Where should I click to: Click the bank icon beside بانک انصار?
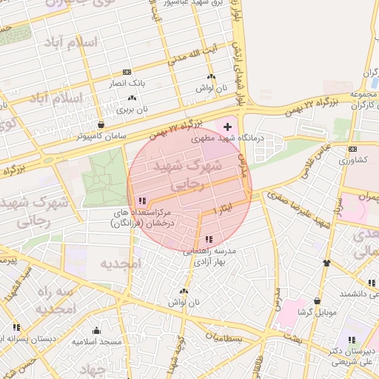point(127,72)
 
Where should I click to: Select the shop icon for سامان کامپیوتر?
point(101,124)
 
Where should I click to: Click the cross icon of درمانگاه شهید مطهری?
point(227,128)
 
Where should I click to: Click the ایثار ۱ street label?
point(224,207)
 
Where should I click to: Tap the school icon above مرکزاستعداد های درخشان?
point(142,201)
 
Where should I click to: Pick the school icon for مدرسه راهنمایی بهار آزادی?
point(209,239)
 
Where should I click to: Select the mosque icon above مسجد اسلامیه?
point(97,330)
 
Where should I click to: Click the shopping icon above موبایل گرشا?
point(318,301)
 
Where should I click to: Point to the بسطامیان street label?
point(224,338)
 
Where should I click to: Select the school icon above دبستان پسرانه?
point(16,327)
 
